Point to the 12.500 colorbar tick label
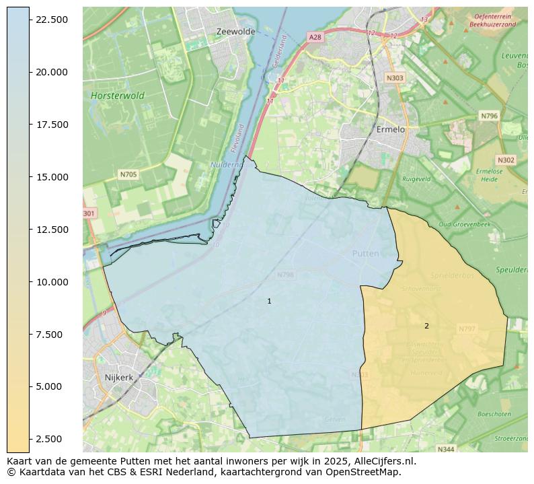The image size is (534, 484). tap(52, 230)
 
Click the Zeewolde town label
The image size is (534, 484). tap(235, 32)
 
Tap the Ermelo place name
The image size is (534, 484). tap(391, 129)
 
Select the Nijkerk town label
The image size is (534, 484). tap(119, 378)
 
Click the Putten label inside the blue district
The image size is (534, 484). tap(365, 254)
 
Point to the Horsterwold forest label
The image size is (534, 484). tap(118, 96)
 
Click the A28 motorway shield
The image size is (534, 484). tap(315, 37)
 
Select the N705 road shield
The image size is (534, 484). tap(128, 174)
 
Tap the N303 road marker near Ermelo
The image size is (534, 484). tap(395, 78)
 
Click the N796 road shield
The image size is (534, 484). tap(489, 116)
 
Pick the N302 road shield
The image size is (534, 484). tap(505, 160)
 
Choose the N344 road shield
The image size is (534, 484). tap(445, 449)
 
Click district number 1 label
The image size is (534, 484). tap(269, 302)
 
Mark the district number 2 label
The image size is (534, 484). tap(426, 326)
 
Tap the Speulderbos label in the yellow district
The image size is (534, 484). tap(452, 276)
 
